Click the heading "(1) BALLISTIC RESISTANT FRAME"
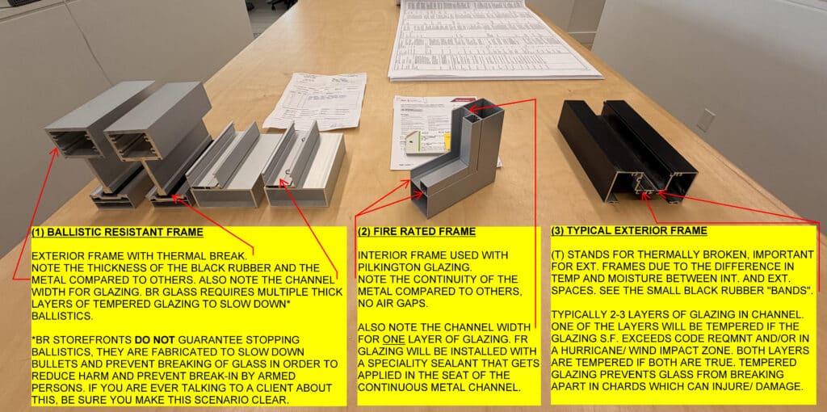coord(117,233)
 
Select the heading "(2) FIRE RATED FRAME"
coord(417,232)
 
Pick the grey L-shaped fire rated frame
coord(452,170)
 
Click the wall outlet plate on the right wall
coord(705,120)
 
